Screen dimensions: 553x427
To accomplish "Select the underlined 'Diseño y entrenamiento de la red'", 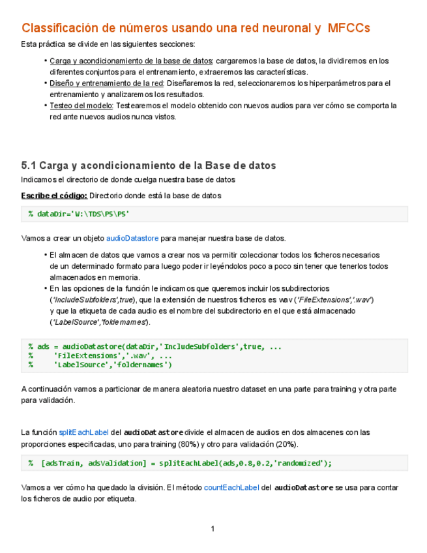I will tap(106, 83).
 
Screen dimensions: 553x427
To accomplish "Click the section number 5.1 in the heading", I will tap(28, 165).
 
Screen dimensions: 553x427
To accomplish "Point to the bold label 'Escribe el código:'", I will tap(53, 195).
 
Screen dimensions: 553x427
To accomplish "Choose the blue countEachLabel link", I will tap(231, 487).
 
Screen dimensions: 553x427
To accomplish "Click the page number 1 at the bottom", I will tap(213, 528).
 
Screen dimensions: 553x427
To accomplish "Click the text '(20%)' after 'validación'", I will tap(284, 443).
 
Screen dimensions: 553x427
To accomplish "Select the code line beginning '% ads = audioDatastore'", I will tap(155, 346).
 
